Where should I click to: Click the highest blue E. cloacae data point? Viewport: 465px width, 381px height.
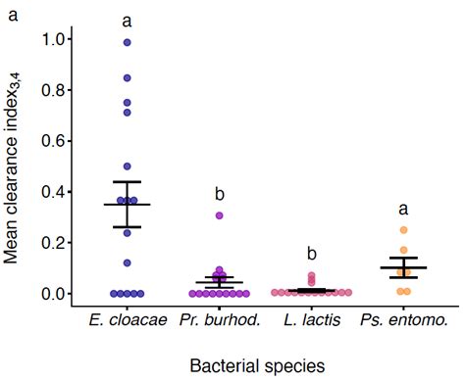click(x=127, y=42)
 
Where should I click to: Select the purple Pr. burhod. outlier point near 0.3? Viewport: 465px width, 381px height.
click(x=221, y=214)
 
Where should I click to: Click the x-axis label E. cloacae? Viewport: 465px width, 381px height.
click(x=127, y=320)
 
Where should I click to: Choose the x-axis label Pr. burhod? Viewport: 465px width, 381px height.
click(x=221, y=320)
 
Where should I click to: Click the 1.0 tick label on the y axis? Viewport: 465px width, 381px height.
click(x=57, y=39)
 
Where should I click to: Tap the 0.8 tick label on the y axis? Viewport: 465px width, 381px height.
click(x=57, y=90)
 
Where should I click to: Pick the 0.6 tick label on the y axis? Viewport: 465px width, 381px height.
click(x=57, y=141)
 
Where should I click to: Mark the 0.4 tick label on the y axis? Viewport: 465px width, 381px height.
click(x=57, y=192)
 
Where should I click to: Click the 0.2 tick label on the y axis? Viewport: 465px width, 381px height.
click(x=57, y=243)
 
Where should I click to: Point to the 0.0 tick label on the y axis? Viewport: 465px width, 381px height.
click(x=57, y=294)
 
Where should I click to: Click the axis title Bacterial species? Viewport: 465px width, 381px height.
click(x=258, y=364)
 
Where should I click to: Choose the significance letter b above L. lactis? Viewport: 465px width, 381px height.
click(x=313, y=254)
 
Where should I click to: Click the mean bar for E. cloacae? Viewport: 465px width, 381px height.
click(x=127, y=205)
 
